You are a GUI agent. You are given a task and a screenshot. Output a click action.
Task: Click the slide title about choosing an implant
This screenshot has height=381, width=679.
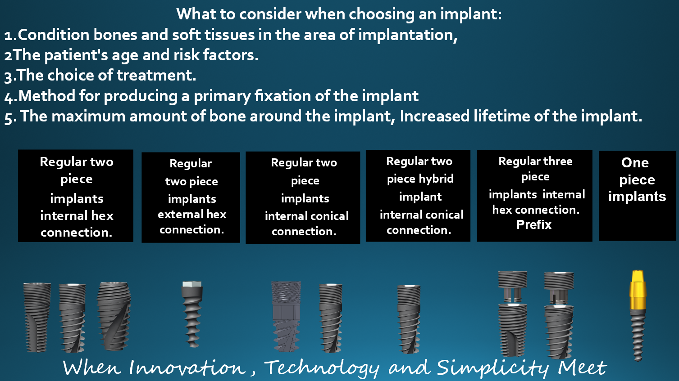[339, 14]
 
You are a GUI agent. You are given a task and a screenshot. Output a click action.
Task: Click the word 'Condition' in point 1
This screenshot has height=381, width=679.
[53, 35]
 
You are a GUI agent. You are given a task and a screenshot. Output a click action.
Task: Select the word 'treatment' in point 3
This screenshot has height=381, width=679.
[156, 76]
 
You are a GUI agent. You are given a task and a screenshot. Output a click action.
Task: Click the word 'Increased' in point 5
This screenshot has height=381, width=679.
[434, 116]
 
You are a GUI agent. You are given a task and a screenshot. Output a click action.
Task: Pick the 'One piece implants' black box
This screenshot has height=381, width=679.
[637, 196]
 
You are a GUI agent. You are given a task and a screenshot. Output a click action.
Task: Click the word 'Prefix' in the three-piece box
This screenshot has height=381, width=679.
[534, 225]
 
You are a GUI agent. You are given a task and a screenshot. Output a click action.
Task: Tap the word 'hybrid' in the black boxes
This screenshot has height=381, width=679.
[437, 179]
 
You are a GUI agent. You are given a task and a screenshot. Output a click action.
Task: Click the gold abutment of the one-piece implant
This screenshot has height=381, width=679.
[638, 290]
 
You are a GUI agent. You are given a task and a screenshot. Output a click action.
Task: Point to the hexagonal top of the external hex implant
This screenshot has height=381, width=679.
[192, 284]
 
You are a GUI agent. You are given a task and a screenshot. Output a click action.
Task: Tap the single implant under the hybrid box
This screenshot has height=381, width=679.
[409, 319]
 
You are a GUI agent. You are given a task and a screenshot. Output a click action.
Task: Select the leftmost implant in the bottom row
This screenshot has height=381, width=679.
[36, 318]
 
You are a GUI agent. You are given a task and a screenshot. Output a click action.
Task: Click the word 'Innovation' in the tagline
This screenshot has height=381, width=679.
[187, 368]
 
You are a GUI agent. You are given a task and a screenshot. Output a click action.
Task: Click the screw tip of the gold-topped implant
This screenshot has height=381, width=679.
[638, 359]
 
